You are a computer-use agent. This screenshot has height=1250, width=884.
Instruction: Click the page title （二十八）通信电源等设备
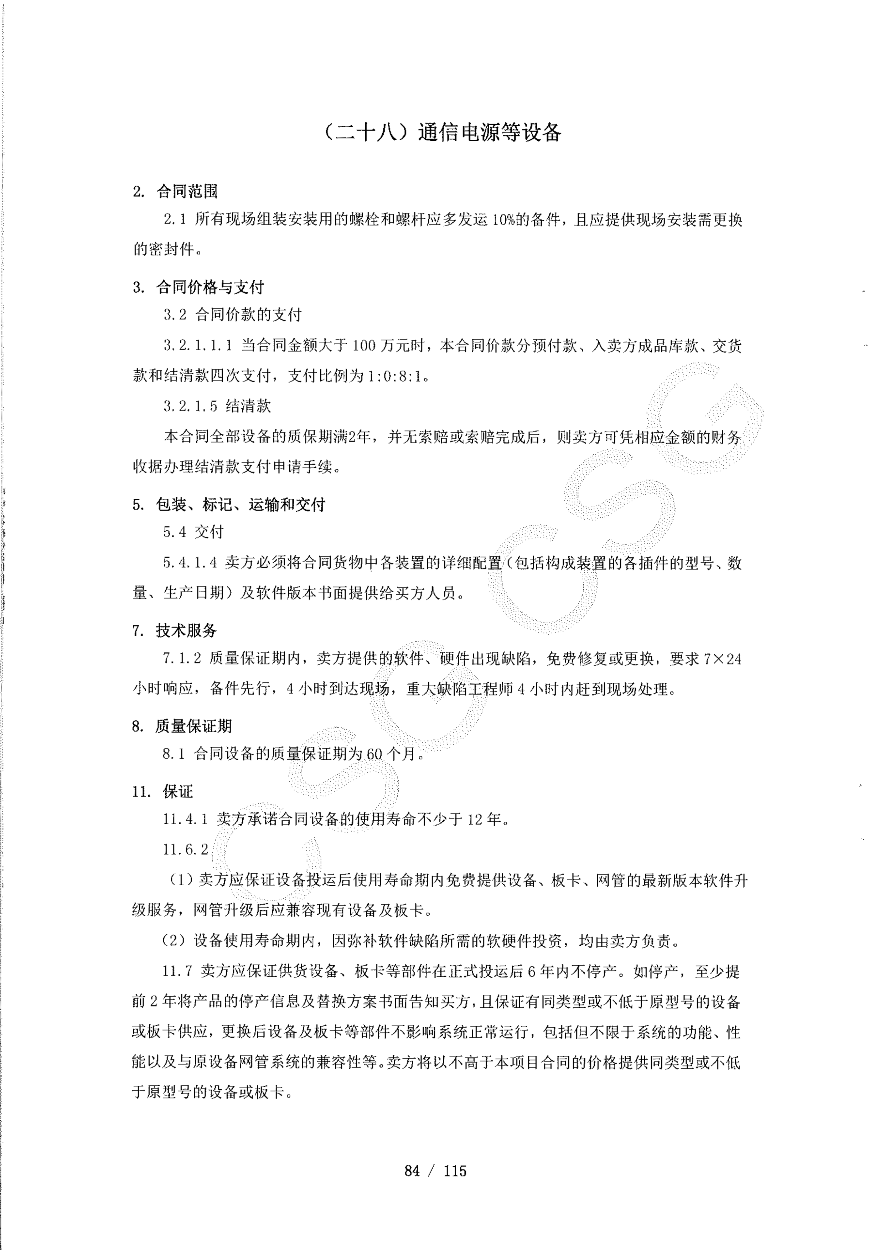pos(441,132)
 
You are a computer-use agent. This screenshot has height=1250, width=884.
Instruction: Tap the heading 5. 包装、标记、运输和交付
pos(229,505)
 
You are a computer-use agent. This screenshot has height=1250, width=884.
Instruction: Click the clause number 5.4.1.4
pos(190,563)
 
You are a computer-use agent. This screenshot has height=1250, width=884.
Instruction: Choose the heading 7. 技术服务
pos(174,630)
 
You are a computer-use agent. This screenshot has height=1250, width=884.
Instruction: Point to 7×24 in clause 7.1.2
pos(722,659)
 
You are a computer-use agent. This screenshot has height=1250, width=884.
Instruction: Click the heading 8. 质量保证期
pos(182,726)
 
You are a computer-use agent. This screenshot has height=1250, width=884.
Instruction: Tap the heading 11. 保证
pos(162,792)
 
